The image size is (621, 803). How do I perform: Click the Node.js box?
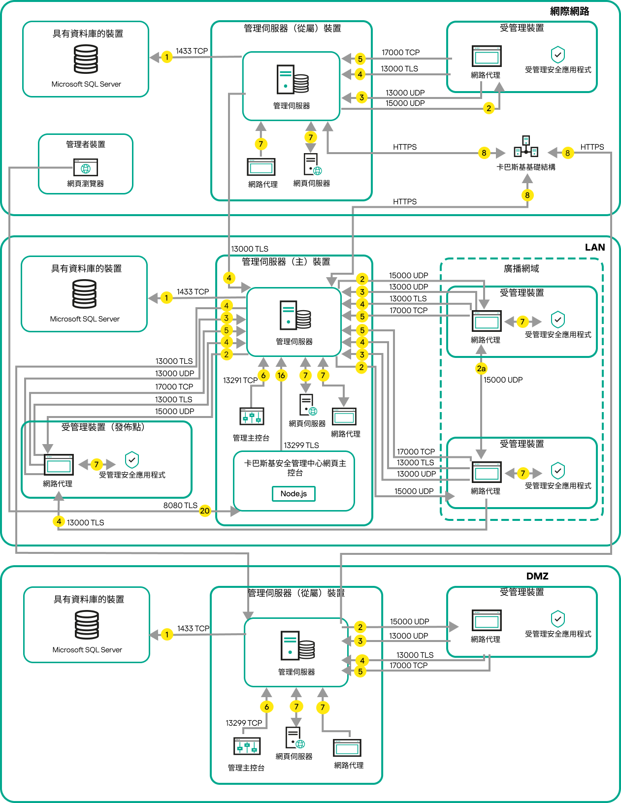coord(294,494)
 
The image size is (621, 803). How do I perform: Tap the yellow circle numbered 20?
coord(205,511)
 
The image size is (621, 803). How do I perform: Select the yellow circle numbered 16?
coord(281,376)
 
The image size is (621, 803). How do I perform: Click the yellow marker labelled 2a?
coord(481,368)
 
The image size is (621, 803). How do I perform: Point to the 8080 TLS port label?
coord(180,506)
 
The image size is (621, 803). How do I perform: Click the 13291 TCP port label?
coord(240,381)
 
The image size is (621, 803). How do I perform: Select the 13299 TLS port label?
coord(301,446)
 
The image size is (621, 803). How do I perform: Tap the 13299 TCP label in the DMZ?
coord(244,723)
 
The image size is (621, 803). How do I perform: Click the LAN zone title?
coord(594,248)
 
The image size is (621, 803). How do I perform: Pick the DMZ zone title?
coord(537,577)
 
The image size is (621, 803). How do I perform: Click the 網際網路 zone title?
coord(569,11)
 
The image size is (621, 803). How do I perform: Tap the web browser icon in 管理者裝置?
coord(86,167)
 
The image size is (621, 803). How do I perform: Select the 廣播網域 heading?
coord(521,269)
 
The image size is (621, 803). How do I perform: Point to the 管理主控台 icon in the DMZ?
coord(247,746)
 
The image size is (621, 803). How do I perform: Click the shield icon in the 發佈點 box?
coord(132,460)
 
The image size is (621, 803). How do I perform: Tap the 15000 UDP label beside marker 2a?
coord(503,380)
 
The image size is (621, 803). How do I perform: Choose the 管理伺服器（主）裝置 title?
coord(286,262)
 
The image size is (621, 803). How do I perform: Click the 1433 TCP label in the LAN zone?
coord(193,292)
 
